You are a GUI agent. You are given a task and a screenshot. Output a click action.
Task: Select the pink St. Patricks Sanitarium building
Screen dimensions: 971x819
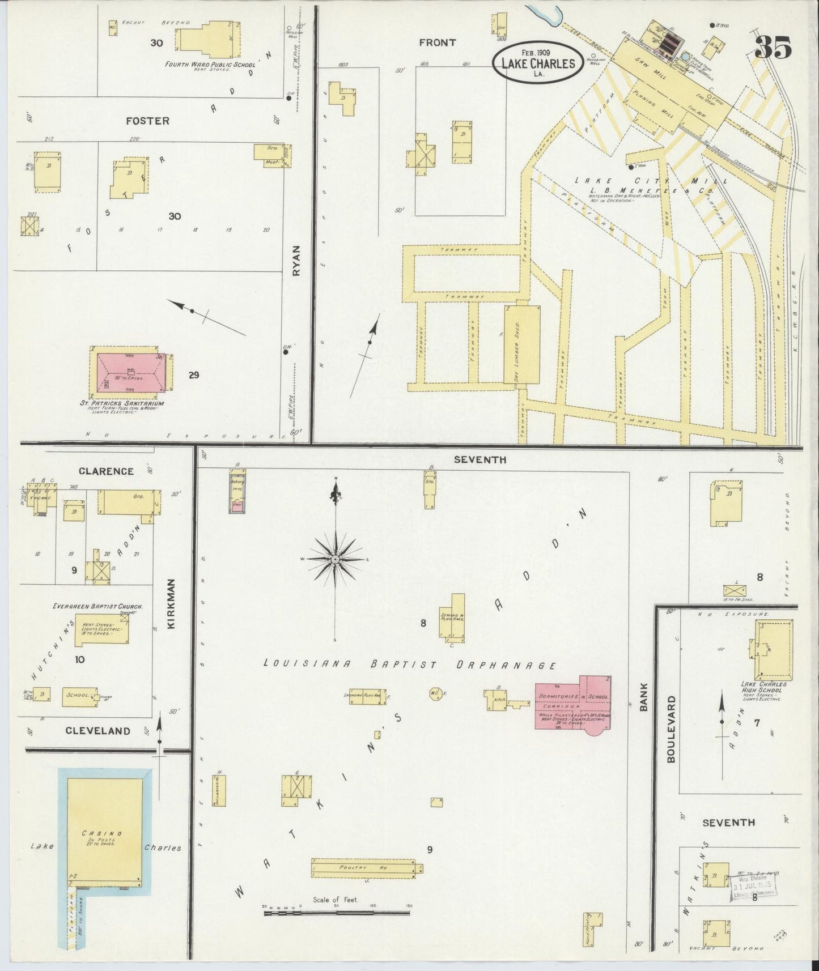[131, 373]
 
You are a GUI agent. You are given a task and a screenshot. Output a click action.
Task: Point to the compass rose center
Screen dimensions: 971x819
[336, 559]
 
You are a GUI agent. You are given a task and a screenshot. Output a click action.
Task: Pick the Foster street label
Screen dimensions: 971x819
[147, 121]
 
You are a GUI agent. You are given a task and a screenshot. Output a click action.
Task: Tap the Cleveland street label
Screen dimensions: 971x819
[97, 731]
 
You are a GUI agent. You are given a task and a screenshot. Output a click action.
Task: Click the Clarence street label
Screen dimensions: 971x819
[106, 471]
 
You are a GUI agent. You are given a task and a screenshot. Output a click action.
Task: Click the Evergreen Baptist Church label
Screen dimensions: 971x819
[97, 606]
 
